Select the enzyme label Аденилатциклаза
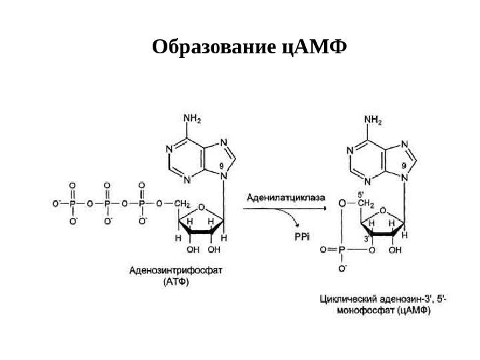(x=287, y=197)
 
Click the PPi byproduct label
(x=302, y=235)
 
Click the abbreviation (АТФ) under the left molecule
(x=176, y=281)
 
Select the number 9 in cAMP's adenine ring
(x=403, y=164)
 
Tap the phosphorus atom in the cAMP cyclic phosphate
(x=343, y=251)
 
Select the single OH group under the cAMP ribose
(x=395, y=251)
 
